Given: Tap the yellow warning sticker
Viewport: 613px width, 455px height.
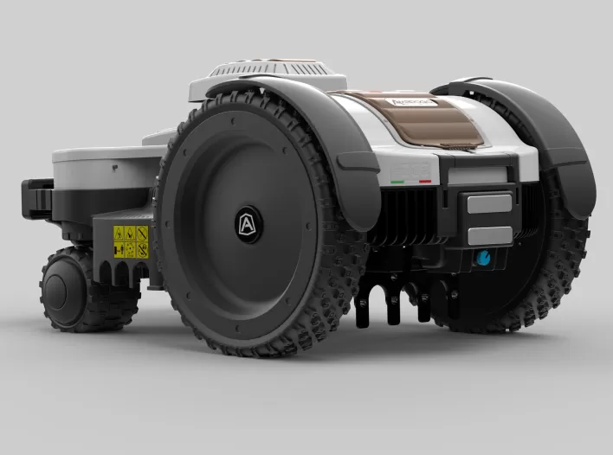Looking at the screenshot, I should (x=131, y=242).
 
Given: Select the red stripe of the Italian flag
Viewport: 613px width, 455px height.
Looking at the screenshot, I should (x=425, y=183).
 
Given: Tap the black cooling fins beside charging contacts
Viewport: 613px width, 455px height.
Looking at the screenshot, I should (x=407, y=216).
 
